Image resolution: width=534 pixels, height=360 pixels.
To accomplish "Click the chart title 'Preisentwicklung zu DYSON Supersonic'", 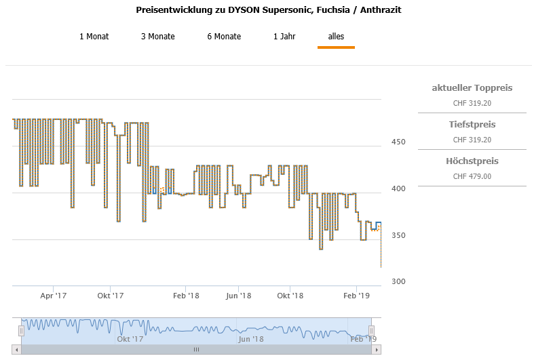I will pos(273,11).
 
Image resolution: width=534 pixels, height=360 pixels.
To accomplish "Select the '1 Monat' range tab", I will pos(94,37).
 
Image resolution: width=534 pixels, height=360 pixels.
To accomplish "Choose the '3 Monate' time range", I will pos(157,37).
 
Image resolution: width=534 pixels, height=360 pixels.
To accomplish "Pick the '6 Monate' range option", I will pos(224,37).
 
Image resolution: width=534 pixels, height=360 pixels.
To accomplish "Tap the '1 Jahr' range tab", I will pos(284,37).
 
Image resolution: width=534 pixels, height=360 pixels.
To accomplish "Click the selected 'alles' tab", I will pos(336,37).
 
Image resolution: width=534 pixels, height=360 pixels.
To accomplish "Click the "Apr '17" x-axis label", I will pos(54,296).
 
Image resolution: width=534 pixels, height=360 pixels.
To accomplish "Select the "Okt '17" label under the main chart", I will pos(110,296).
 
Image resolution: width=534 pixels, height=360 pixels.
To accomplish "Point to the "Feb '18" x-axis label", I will pos(185,296).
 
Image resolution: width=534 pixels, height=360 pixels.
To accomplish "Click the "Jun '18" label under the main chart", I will pos(238,296).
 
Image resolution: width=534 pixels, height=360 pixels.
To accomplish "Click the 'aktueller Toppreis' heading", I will pos(472,88).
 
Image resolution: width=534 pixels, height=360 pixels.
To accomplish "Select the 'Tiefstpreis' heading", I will pos(472,125).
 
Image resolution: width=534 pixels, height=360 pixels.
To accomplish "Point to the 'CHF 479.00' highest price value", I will pos(472,176).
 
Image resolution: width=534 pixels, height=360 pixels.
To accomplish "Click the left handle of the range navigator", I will pos(21,330).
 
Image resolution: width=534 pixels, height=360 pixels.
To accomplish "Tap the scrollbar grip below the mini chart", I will pos(196,350).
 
